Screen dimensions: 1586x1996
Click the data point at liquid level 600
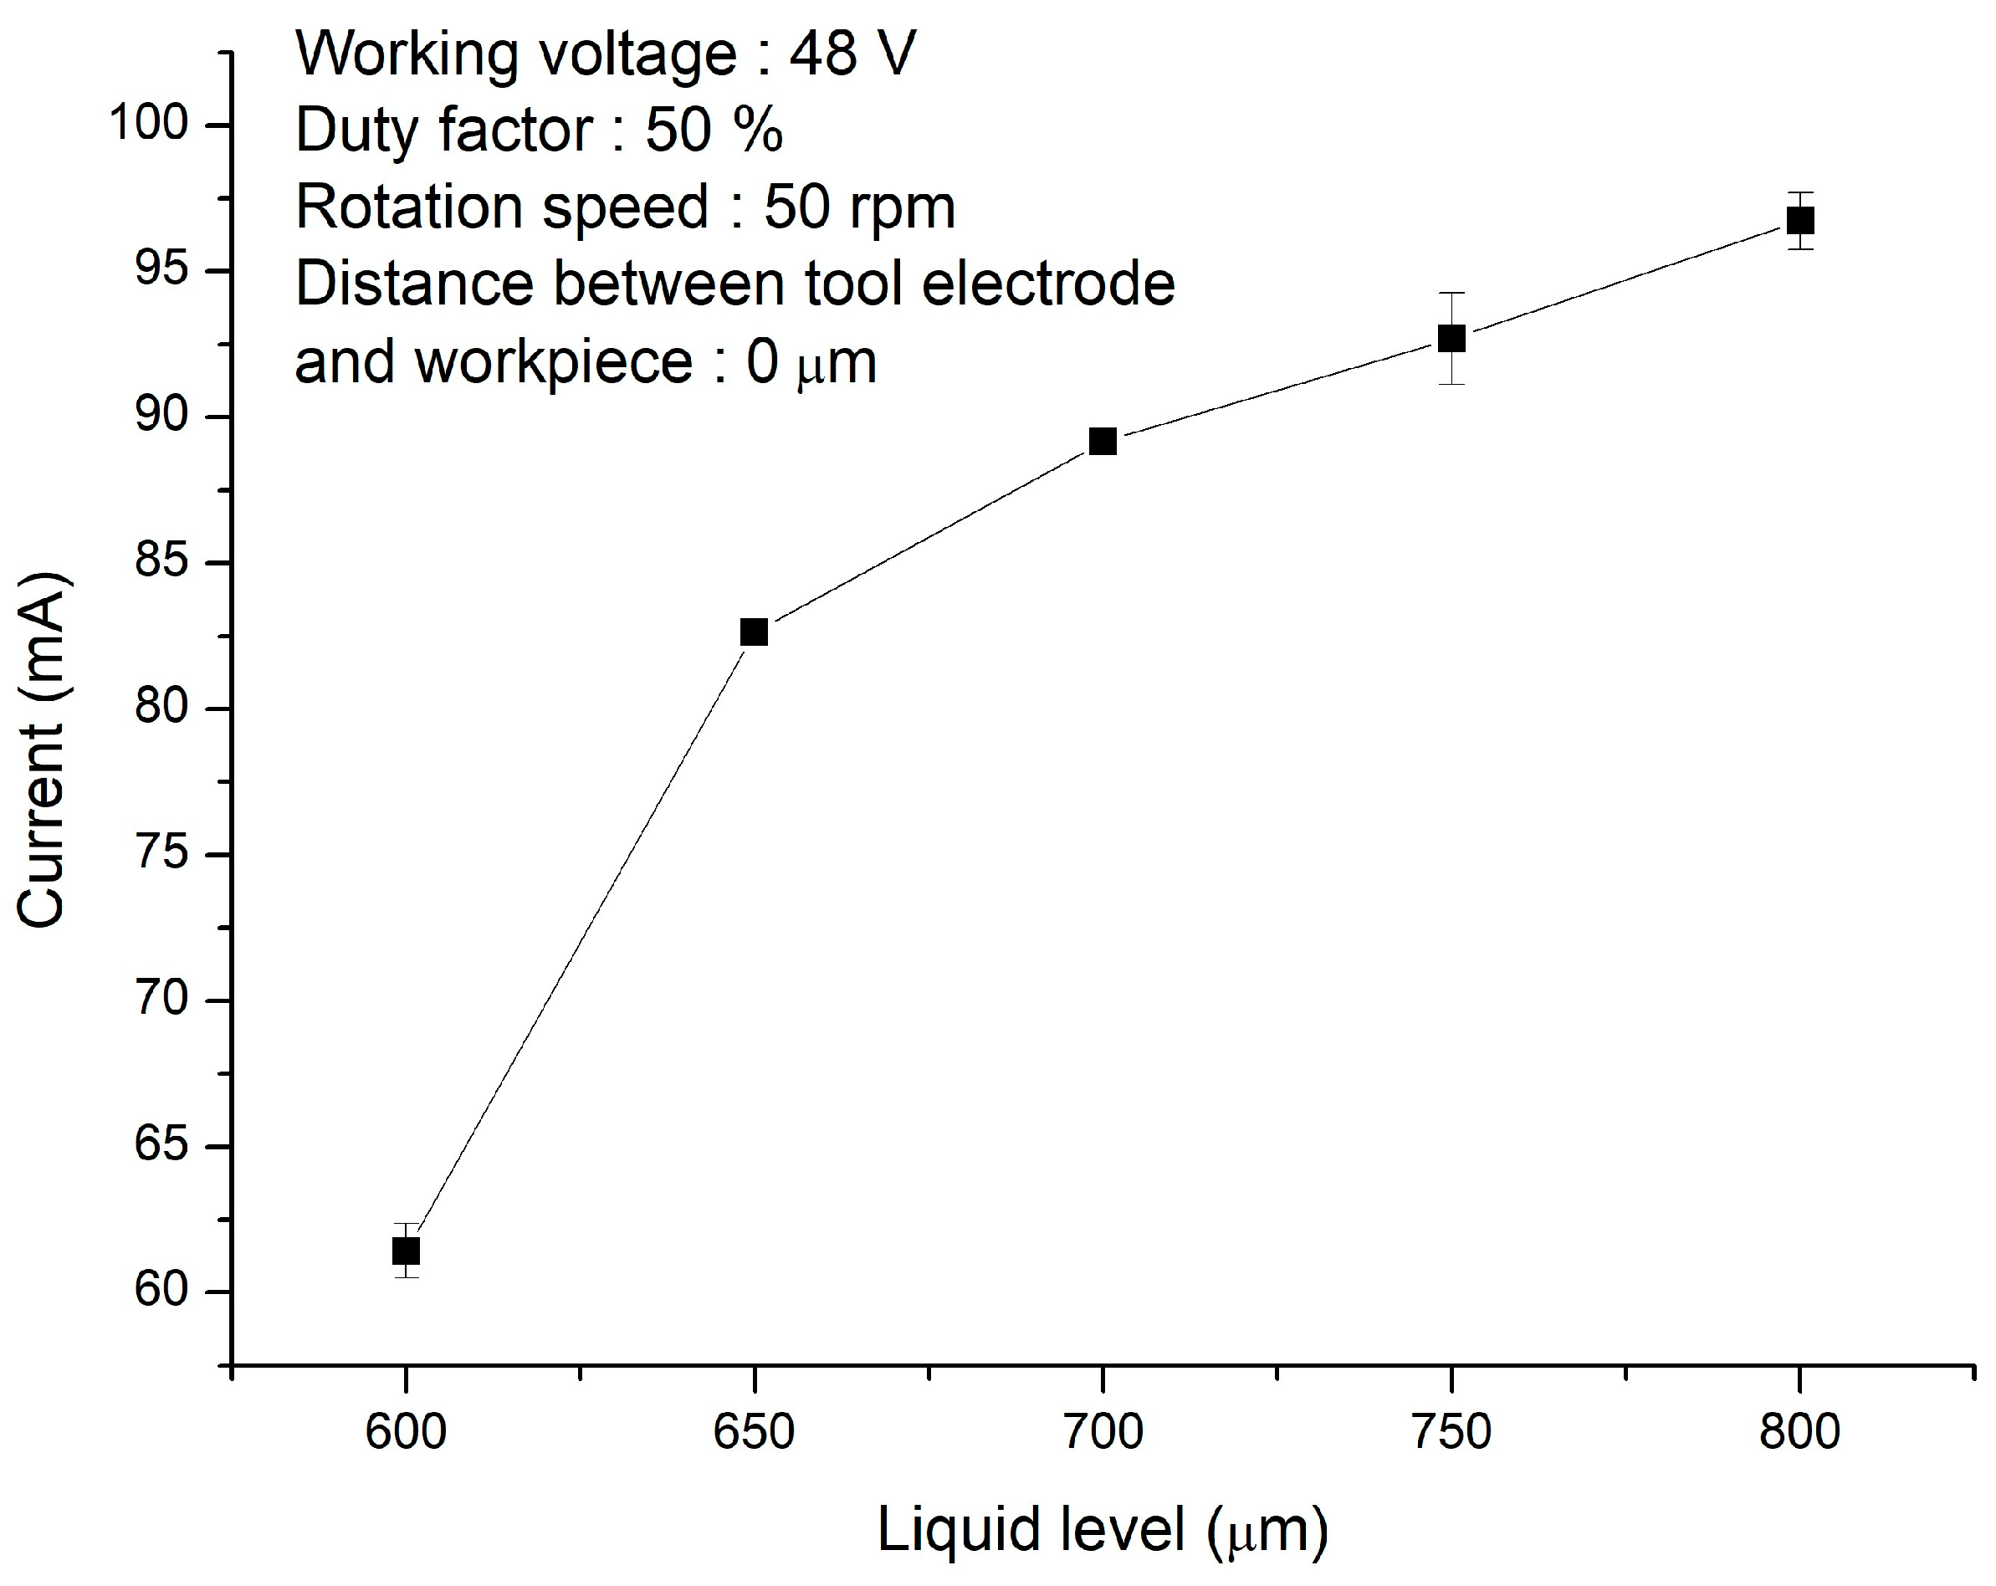click(406, 1251)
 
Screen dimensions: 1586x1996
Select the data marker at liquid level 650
click(755, 632)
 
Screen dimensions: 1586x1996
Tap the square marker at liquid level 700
click(1103, 442)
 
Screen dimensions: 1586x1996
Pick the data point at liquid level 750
click(1451, 338)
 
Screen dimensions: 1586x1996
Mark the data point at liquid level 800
click(1799, 220)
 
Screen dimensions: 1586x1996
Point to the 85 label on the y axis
click(162, 562)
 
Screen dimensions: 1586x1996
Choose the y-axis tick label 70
click(162, 1000)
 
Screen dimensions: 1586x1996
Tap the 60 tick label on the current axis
click(162, 1291)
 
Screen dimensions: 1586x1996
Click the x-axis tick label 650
click(755, 1432)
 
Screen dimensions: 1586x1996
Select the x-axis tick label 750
click(1451, 1432)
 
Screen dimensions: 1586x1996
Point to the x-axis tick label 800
click(1799, 1432)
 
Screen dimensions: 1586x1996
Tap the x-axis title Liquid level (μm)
click(1102, 1529)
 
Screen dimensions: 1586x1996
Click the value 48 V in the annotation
click(852, 54)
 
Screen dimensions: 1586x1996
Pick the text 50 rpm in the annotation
click(859, 207)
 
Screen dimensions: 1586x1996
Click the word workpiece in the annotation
click(554, 361)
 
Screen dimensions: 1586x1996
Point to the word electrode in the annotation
click(1048, 284)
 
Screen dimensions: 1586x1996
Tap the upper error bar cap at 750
click(1451, 293)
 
